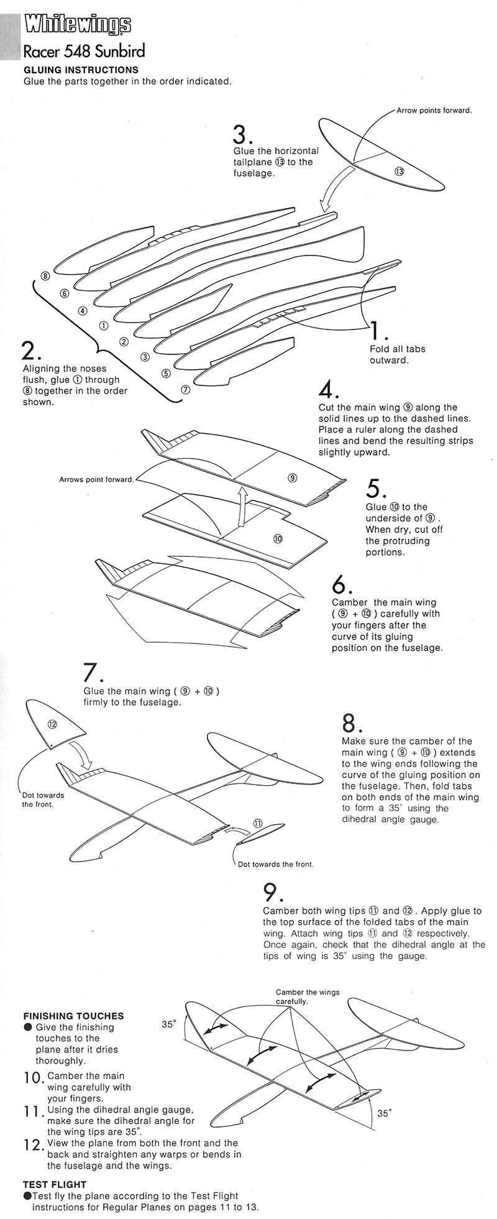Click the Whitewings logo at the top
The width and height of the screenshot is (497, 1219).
[77, 25]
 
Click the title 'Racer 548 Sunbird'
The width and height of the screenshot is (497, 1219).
[84, 51]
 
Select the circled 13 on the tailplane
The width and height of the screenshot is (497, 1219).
[399, 171]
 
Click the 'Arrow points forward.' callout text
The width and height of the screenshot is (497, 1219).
[434, 111]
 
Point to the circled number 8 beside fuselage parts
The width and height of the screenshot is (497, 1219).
[45, 275]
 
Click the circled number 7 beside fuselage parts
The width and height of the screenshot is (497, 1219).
[185, 390]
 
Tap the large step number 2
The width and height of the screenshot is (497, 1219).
[30, 351]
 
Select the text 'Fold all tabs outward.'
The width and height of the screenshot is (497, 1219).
[398, 354]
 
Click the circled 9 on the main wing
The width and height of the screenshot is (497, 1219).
[292, 477]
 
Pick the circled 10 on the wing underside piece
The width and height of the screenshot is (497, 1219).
[277, 538]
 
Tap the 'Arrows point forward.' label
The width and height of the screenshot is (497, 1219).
[96, 479]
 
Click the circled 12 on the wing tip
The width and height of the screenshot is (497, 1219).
[52, 724]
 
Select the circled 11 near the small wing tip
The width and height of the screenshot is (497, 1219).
[257, 823]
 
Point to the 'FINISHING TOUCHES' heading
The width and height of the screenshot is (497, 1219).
[73, 1016]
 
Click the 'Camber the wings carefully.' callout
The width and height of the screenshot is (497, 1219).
[308, 997]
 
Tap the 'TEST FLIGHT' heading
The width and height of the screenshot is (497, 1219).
[55, 1184]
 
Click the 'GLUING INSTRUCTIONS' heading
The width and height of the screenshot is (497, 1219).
[81, 70]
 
